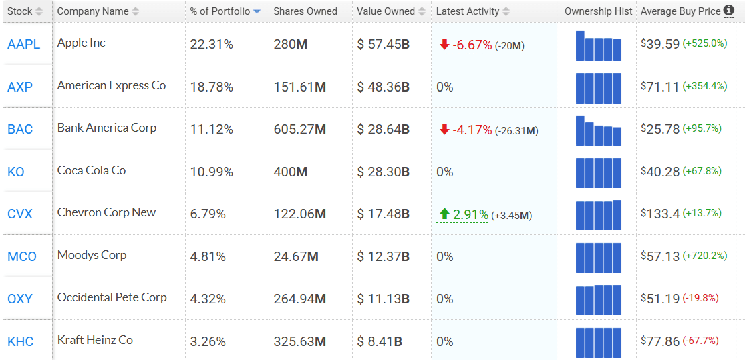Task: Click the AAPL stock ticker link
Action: coord(23,45)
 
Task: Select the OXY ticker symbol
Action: coord(20,299)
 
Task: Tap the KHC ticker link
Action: coord(20,341)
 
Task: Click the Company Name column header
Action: coord(93,11)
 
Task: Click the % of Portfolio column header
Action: coord(220,11)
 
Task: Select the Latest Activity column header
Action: coord(467,11)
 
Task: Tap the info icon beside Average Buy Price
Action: coord(728,11)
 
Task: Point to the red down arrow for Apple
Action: coord(444,45)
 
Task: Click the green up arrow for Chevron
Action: coord(444,214)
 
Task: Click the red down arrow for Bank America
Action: coord(444,130)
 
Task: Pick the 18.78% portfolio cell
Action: coord(212,87)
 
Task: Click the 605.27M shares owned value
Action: coord(299,130)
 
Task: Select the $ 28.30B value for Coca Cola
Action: coord(383,172)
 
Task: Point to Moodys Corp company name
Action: coord(92,255)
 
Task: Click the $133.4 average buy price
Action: coord(660,214)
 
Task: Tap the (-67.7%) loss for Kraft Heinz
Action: coord(700,341)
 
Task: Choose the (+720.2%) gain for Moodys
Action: coord(704,256)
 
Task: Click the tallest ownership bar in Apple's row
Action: coord(580,45)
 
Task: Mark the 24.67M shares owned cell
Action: coord(296,256)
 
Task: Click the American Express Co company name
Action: coord(112,85)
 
